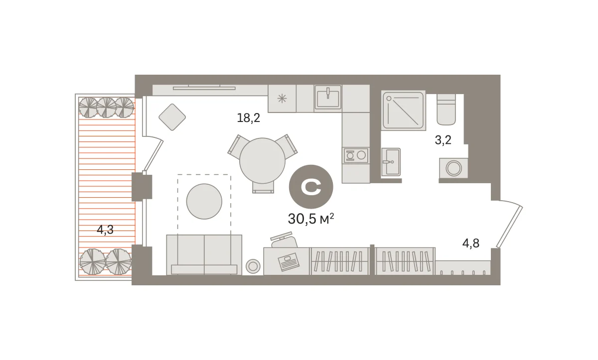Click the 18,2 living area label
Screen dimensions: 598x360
coord(248,118)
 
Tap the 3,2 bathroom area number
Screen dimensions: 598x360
coord(443,140)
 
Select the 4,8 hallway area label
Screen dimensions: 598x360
coord(471,243)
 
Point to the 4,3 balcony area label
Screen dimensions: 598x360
coord(105,230)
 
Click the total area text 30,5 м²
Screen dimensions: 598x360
coord(311,219)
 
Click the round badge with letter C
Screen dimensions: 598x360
coord(311,187)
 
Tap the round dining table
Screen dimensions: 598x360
coord(263,160)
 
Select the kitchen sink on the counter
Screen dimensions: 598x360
coord(328,97)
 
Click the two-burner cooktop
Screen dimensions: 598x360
coord(356,155)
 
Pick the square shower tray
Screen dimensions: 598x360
coord(403,111)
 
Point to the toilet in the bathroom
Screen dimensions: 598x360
coord(446,110)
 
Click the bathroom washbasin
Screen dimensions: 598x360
coord(391,162)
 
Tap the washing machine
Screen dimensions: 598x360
coord(453,168)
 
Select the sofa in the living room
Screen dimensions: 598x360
coord(204,254)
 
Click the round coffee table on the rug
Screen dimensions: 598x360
coord(204,201)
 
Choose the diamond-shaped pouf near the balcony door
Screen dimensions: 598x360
coord(172,117)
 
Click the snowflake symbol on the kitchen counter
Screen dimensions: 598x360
coord(282,99)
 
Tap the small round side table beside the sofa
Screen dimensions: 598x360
coord(253,266)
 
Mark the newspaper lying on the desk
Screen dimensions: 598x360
coord(289,262)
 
